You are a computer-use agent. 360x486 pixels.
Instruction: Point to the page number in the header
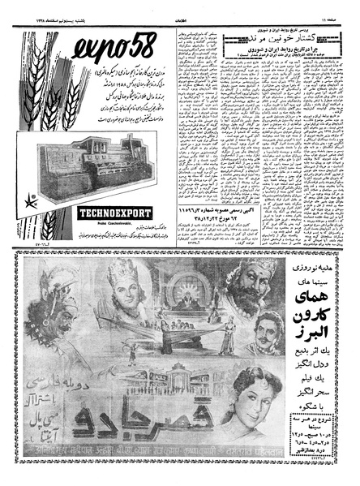[x=329, y=6]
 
